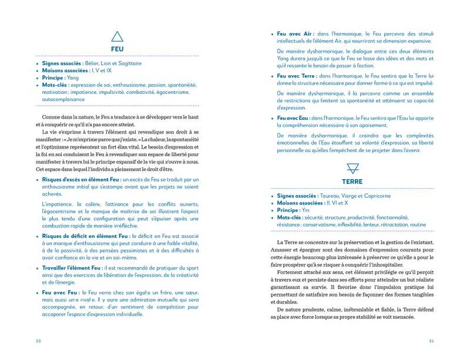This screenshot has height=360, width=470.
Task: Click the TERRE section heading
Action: tap(352, 181)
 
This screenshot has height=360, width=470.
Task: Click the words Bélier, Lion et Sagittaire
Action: tap(113, 63)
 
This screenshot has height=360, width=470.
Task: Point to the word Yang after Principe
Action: tap(73, 78)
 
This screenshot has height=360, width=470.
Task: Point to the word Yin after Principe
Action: tap(306, 210)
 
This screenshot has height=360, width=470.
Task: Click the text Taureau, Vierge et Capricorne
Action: tap(355, 196)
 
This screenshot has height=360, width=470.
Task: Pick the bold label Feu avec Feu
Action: tap(61, 292)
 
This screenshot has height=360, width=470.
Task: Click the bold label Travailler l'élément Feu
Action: tap(72, 268)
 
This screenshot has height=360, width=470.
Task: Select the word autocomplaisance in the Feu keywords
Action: tap(66, 99)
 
